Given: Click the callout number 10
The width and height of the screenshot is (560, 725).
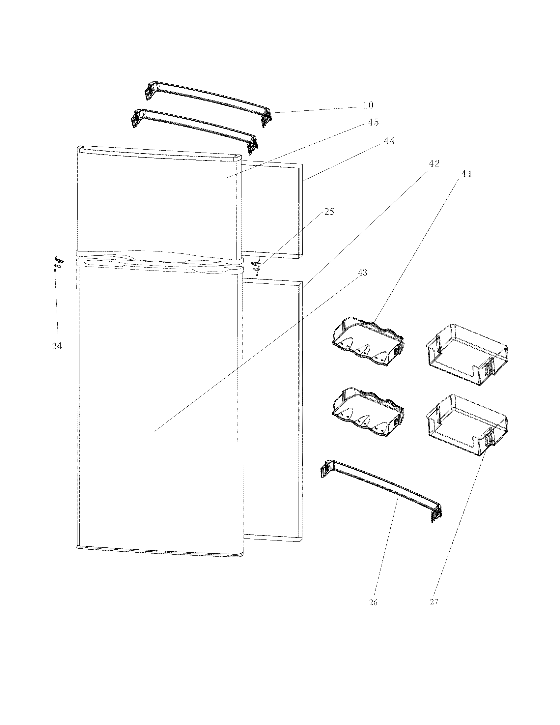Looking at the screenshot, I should [368, 105].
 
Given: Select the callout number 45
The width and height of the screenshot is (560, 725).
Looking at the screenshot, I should [373, 123].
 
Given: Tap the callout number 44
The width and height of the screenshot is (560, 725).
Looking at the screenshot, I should [389, 141].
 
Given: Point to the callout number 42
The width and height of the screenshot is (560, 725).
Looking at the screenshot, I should [434, 163].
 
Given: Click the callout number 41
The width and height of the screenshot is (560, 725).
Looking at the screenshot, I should [466, 174].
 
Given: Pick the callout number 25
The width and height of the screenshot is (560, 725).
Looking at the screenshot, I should [329, 212].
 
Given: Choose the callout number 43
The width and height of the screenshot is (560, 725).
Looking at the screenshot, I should [362, 273].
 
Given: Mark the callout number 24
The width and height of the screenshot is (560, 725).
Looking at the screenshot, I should [57, 346].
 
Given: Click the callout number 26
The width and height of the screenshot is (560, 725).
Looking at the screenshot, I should [373, 602].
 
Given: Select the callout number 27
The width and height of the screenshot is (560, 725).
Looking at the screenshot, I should [434, 602].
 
